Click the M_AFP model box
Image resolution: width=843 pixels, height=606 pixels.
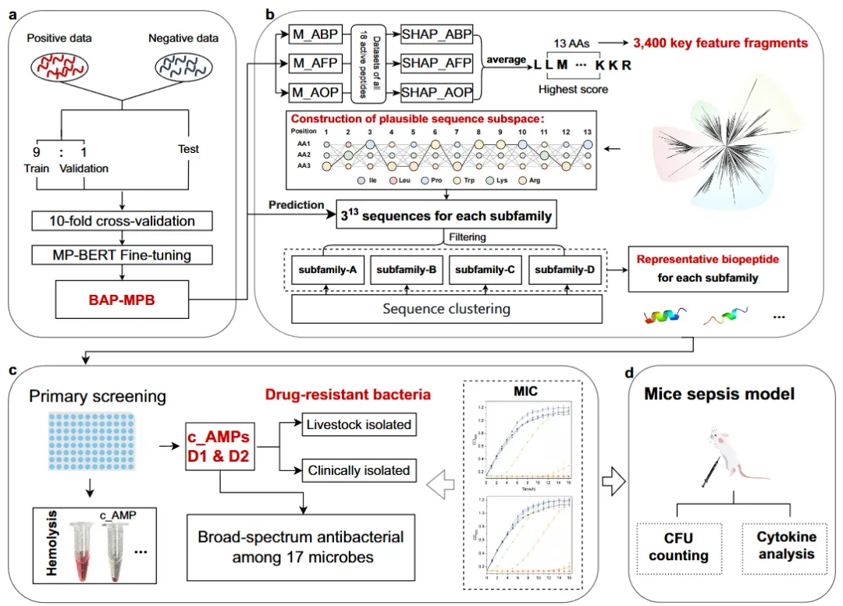[x=311, y=61]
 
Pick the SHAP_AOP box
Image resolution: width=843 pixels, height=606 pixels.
[x=436, y=93]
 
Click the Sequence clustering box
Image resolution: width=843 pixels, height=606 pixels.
[x=446, y=309]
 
